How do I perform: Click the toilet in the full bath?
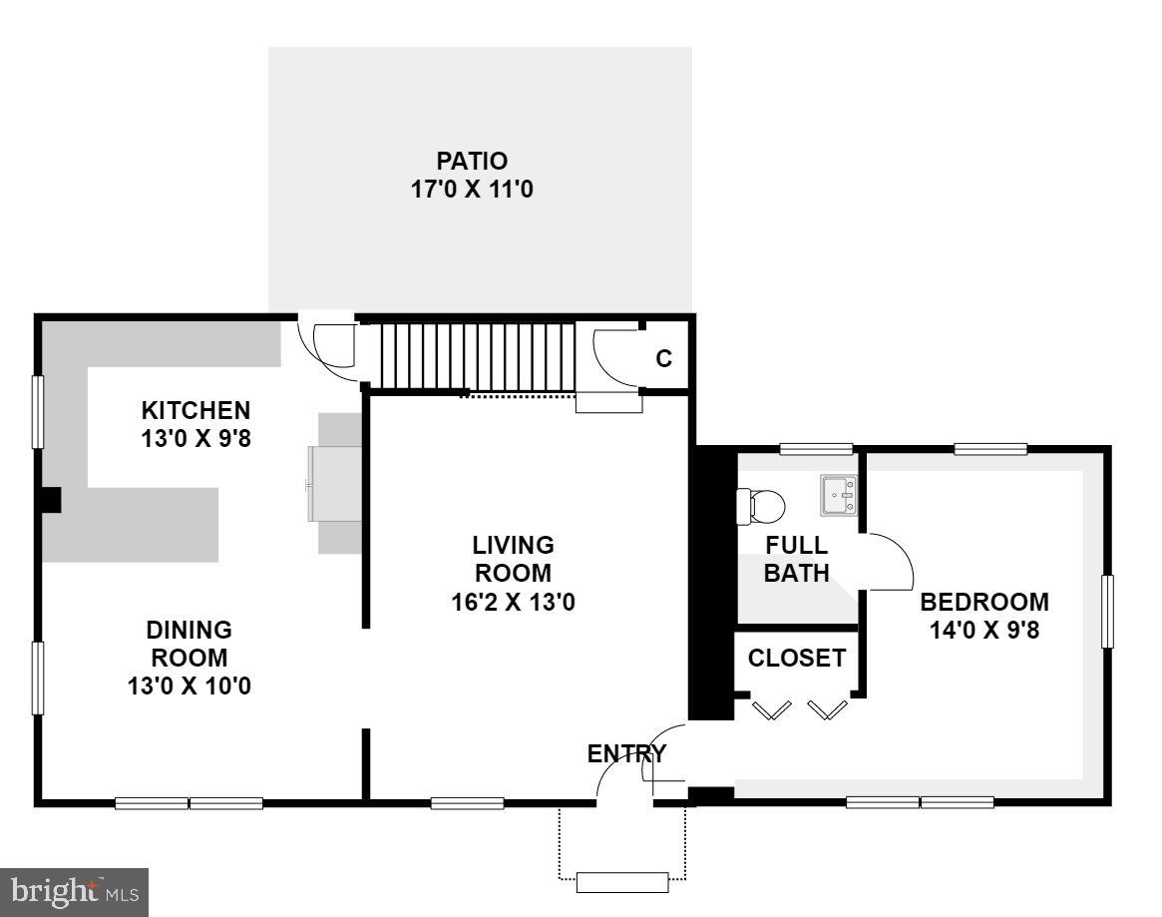click(x=760, y=506)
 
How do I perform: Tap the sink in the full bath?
click(x=838, y=495)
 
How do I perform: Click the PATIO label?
click(x=472, y=161)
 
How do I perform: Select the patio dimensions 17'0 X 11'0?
click(x=473, y=189)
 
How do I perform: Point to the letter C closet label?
click(x=663, y=359)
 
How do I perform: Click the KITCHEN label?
click(x=195, y=410)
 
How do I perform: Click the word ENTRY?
click(x=626, y=753)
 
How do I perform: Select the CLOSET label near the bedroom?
click(x=797, y=659)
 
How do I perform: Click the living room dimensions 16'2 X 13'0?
click(x=514, y=602)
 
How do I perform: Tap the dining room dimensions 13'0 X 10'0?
click(x=190, y=686)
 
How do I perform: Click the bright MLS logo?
click(x=75, y=891)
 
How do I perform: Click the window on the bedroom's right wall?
click(x=1107, y=611)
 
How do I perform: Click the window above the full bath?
click(x=816, y=449)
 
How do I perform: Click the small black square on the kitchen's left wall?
click(x=50, y=500)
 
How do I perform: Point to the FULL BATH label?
click(x=797, y=559)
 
